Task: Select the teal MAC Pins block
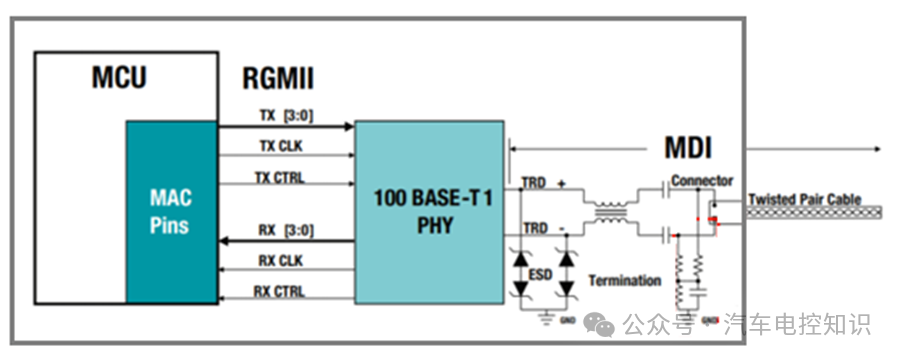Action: coord(173,211)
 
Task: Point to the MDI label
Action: coord(688,149)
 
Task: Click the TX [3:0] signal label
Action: coord(286,115)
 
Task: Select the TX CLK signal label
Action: coord(282,146)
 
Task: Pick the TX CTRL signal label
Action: coord(282,178)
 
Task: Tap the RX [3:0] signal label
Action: coord(286,231)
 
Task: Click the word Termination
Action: coord(625,281)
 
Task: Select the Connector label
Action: coord(702,180)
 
